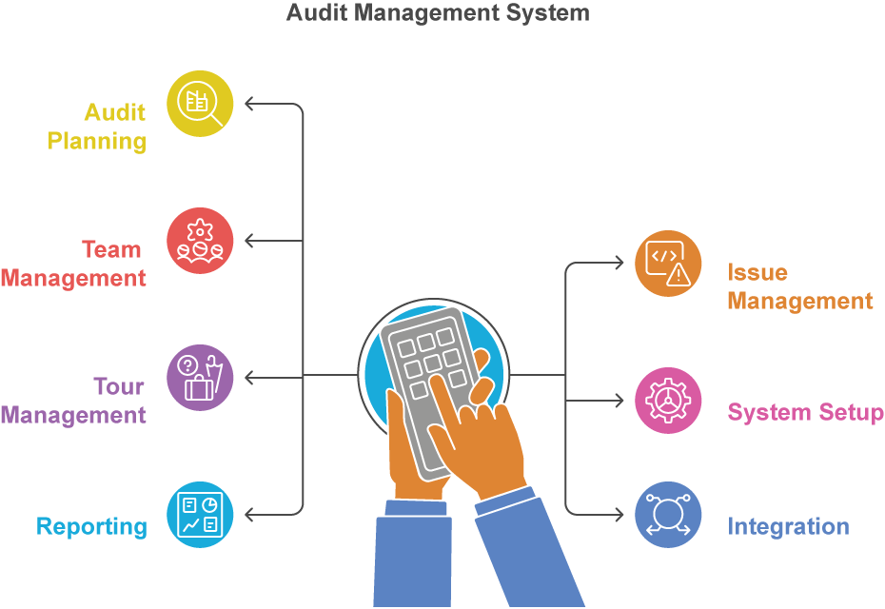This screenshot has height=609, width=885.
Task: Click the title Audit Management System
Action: (438, 13)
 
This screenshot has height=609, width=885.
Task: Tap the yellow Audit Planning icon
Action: (200, 104)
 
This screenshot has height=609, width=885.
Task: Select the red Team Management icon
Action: (200, 241)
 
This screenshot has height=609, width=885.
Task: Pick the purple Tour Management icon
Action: (200, 378)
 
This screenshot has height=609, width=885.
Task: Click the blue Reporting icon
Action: (200, 515)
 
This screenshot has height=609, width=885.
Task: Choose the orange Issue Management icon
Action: (668, 264)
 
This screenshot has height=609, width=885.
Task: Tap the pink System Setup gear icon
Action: (668, 401)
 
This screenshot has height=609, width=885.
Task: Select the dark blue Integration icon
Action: (668, 515)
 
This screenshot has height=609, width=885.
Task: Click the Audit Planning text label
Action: (98, 127)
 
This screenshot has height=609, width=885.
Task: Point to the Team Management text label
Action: (74, 264)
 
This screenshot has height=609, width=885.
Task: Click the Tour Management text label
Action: (74, 401)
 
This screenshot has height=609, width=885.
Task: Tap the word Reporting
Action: (91, 526)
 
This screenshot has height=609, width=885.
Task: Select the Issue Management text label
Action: (799, 286)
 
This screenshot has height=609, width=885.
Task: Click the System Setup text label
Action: (805, 412)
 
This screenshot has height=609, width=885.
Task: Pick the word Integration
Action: (788, 526)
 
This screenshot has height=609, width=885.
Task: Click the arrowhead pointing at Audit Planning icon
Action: (249, 104)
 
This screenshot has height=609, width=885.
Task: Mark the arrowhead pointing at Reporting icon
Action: (249, 515)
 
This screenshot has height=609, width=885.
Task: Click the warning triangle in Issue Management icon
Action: (678, 275)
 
